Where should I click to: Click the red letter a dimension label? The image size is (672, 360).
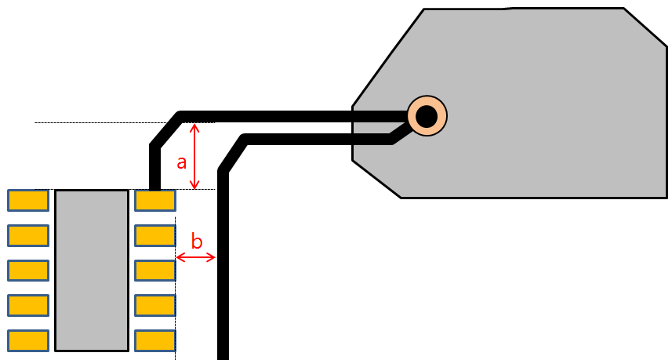(181, 162)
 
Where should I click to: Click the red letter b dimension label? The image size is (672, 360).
(198, 241)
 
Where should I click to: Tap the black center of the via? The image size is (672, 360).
(426, 116)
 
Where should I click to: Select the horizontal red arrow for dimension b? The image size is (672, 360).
(196, 257)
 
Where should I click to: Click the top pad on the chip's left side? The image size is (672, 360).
(28, 201)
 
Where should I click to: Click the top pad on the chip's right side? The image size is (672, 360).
(154, 201)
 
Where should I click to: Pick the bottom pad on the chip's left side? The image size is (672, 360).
(28, 340)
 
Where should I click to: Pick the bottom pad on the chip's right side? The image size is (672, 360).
(154, 340)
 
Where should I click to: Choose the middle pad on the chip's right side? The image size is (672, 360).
(154, 271)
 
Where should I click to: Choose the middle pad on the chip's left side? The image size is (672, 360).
(28, 271)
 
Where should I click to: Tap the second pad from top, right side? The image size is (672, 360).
(154, 235)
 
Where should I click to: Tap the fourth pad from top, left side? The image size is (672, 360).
(28, 305)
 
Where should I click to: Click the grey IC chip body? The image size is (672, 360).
(91, 270)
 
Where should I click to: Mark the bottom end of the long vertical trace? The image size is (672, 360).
(223, 353)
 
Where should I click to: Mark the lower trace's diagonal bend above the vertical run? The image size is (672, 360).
(234, 155)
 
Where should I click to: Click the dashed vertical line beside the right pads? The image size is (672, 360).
(175, 314)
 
